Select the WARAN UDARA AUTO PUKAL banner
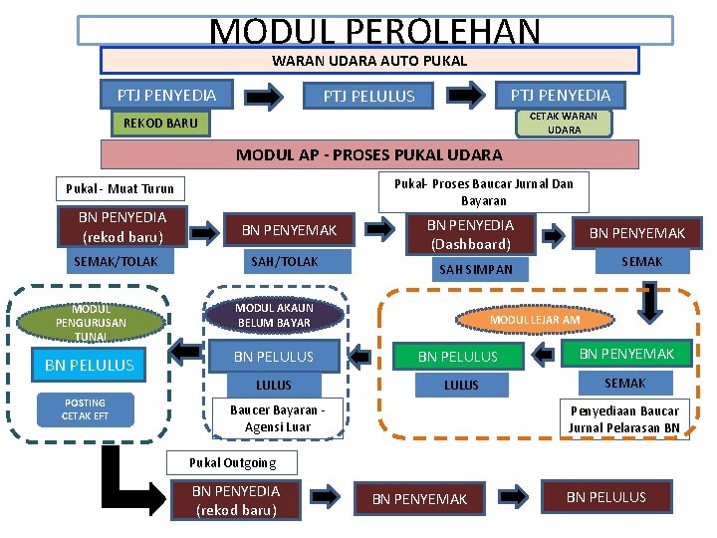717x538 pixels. (x=369, y=61)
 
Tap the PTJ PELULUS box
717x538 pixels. (x=368, y=97)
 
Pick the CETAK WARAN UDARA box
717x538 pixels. (x=563, y=123)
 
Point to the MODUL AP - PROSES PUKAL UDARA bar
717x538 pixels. (x=369, y=154)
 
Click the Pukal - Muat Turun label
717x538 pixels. (x=119, y=188)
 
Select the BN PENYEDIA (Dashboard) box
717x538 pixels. (x=470, y=234)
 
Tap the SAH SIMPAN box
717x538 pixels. (x=476, y=269)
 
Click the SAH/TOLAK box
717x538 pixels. (x=284, y=261)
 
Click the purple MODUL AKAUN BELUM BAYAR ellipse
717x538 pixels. (x=274, y=316)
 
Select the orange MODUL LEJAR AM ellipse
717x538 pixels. (x=535, y=320)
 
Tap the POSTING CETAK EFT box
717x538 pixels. (x=85, y=409)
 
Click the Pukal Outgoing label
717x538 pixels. (x=233, y=462)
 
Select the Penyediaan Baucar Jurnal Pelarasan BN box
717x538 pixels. (x=623, y=418)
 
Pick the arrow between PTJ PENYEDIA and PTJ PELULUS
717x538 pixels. (x=265, y=97)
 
